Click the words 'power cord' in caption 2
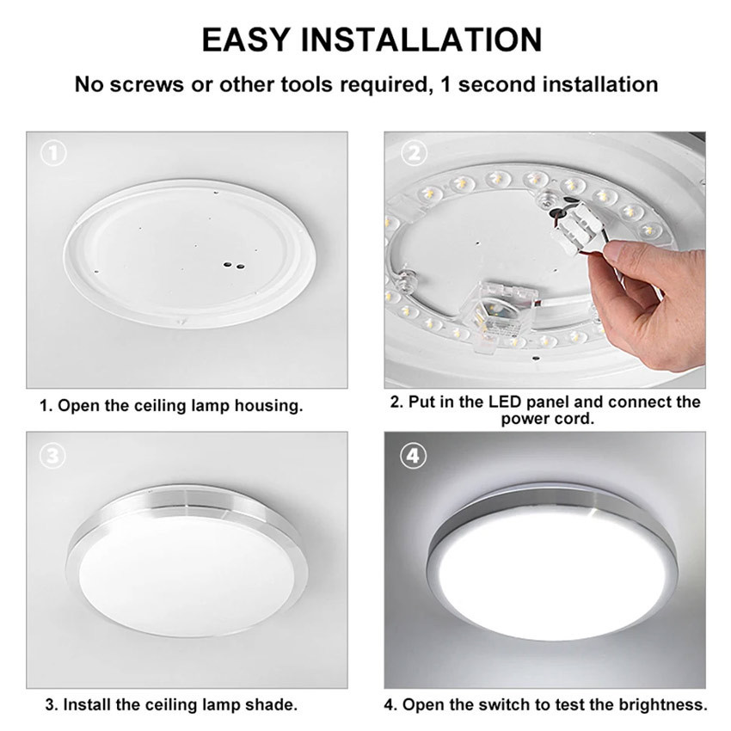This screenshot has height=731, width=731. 547,419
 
